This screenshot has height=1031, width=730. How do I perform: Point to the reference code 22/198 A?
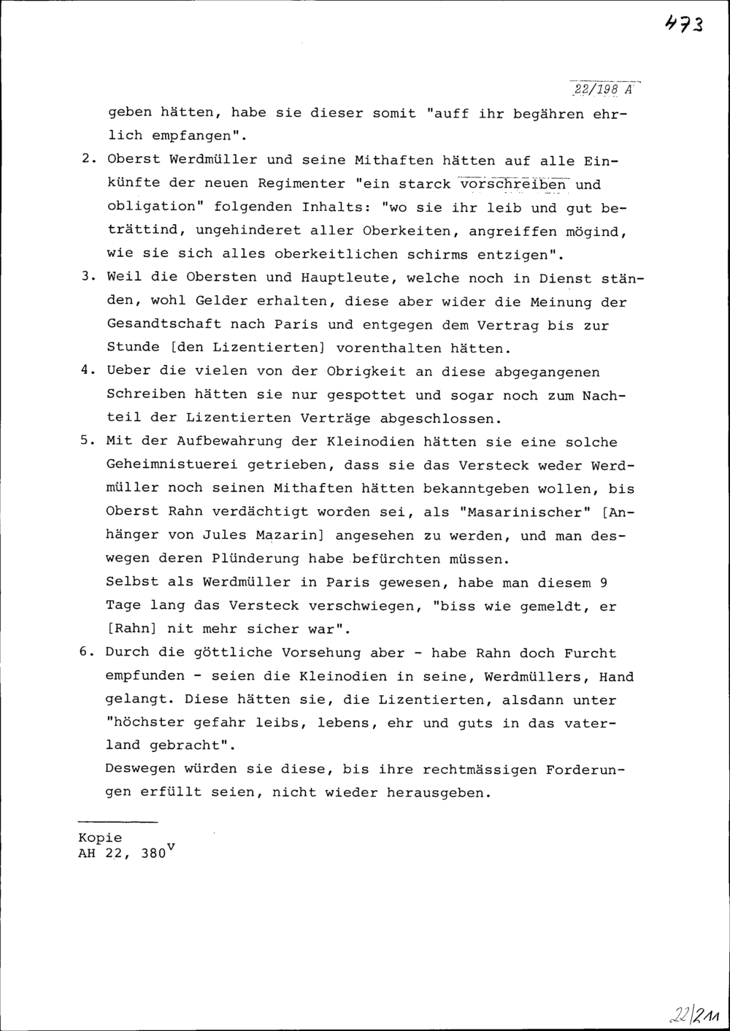click(x=604, y=90)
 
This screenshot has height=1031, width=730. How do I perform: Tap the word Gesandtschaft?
click(x=164, y=324)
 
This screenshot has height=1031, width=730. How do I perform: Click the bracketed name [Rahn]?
click(x=133, y=629)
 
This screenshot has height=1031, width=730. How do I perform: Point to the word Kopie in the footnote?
click(x=100, y=838)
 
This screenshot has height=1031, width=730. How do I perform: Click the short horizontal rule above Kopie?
click(x=117, y=823)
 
